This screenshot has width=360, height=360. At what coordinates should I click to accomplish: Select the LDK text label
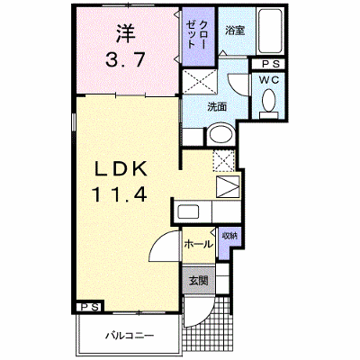121,170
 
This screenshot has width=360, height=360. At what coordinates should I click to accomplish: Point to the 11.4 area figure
121,193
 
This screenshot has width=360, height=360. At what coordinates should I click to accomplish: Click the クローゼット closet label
196,33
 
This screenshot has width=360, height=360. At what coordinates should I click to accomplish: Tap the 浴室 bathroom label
236,31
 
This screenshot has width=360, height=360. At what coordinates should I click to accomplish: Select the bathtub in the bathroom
271,31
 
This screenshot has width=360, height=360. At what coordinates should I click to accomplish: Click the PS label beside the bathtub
271,64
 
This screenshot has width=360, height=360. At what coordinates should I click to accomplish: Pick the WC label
269,80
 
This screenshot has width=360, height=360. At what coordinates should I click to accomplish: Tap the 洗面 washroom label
217,107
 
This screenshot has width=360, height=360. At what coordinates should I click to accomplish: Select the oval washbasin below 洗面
221,134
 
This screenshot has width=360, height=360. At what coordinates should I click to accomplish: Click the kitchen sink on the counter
188,211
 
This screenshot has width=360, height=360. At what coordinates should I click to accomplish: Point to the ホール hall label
198,245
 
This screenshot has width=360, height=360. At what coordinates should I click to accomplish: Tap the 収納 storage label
229,236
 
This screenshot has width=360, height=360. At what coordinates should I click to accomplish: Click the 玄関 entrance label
198,281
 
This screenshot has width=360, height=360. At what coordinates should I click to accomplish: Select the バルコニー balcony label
130,335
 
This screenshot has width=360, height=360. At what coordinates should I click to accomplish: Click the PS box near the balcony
90,307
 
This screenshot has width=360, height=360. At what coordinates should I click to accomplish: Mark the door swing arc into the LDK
160,240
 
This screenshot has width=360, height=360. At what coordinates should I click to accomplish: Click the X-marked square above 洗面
200,81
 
